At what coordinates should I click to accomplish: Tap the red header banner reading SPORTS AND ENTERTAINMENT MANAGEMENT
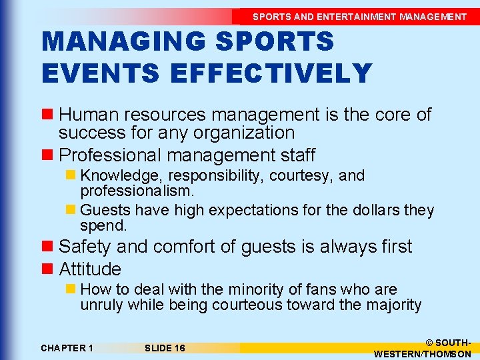point(359,17)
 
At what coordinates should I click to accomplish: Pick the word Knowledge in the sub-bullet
point(123,175)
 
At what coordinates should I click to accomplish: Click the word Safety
point(85,246)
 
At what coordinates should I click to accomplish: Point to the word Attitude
point(90,269)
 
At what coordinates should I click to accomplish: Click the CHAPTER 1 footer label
point(67,348)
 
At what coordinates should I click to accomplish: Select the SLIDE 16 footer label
point(165,348)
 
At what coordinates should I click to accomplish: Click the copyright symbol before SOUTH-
point(428,342)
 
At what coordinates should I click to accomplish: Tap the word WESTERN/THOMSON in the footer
point(423,354)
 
